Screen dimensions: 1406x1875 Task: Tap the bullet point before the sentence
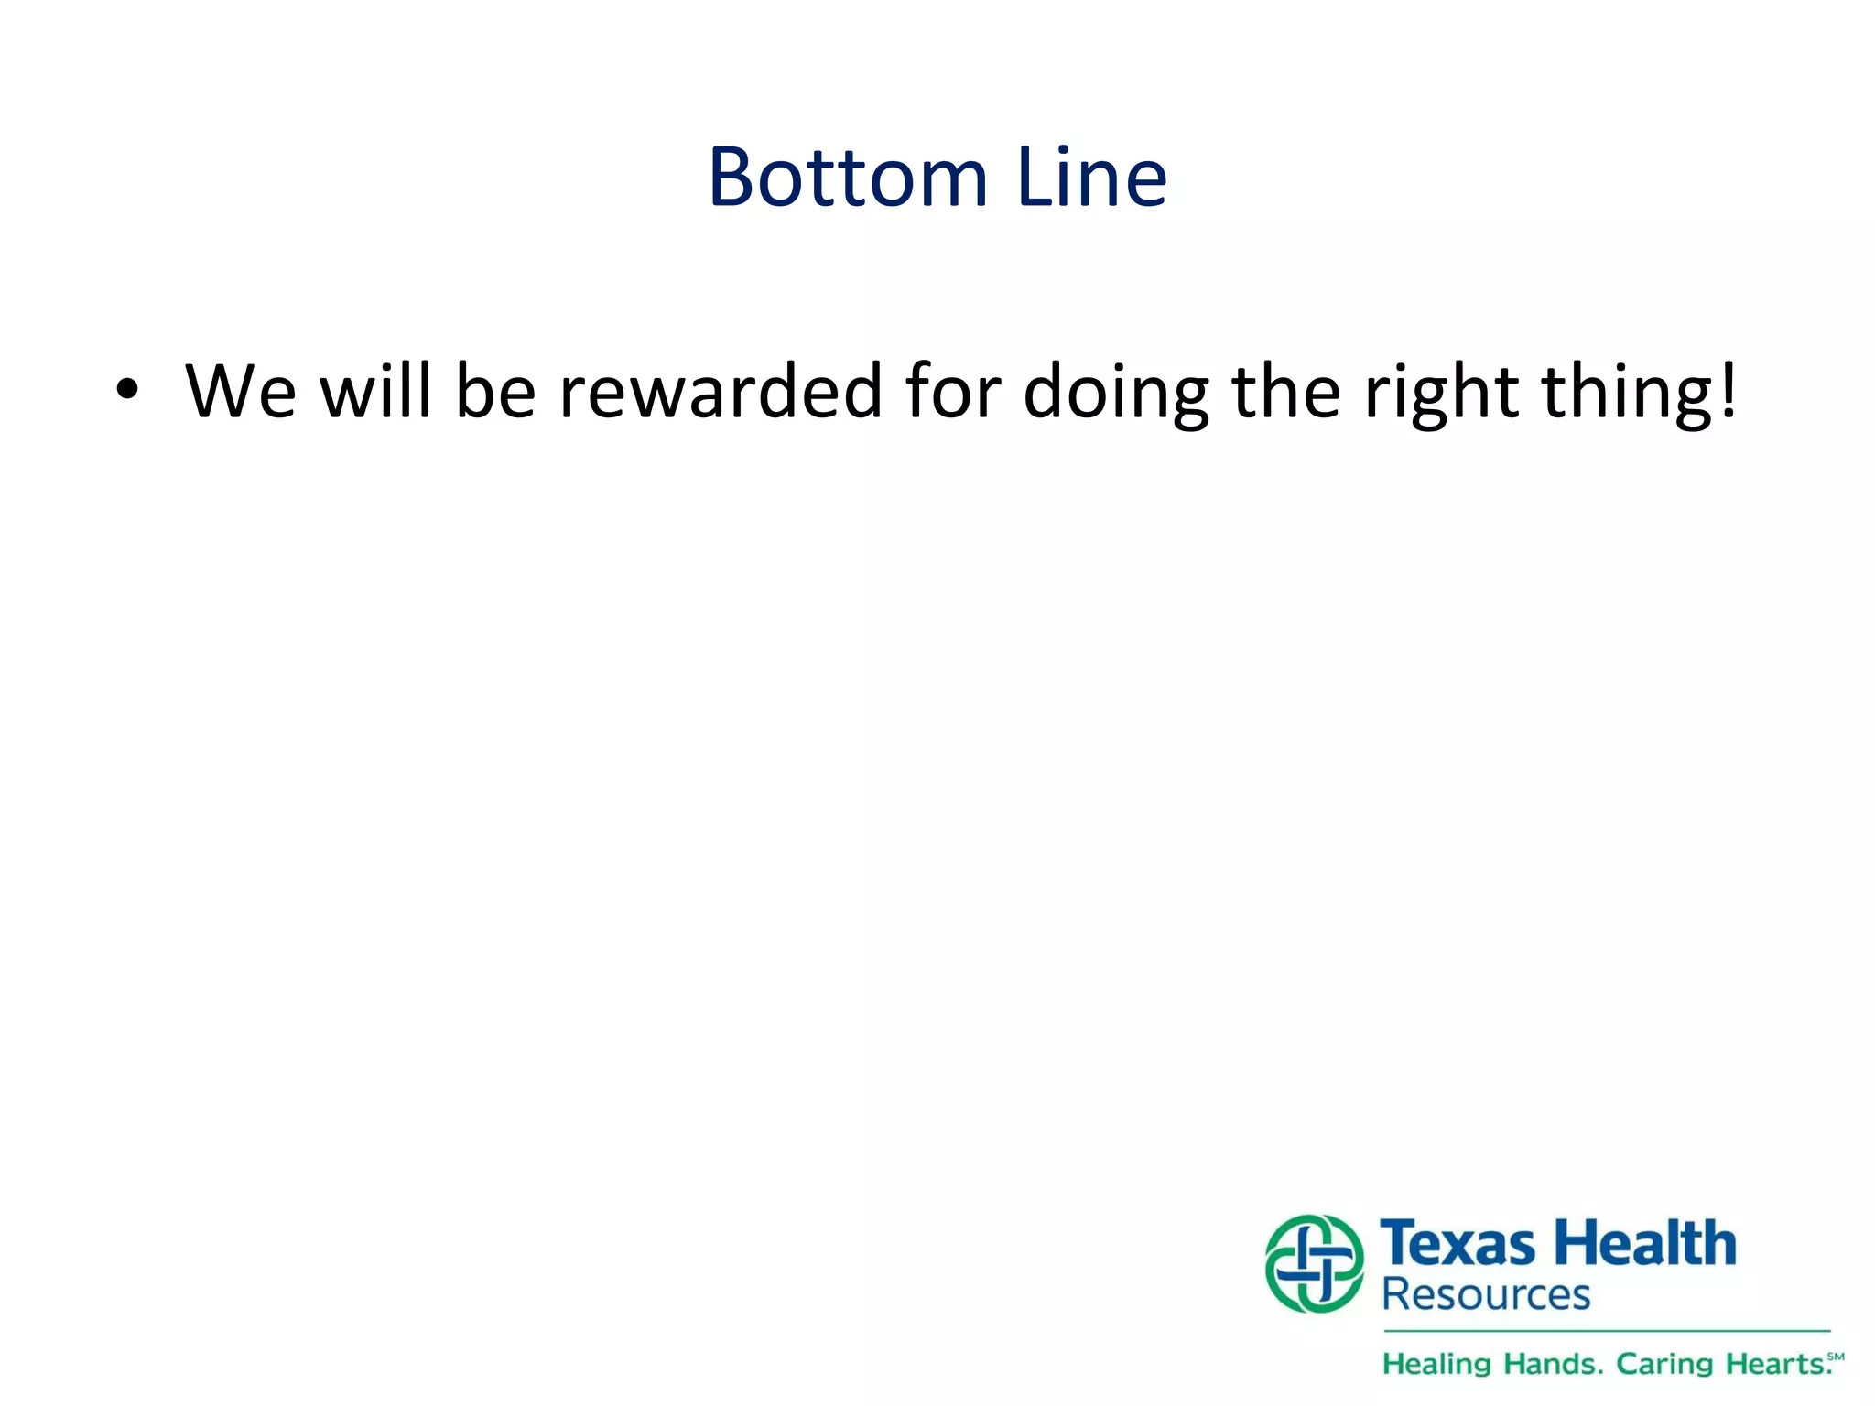pyautogui.click(x=127, y=390)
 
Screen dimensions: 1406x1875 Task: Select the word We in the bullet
pyautogui.click(x=241, y=391)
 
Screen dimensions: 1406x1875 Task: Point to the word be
pyautogui.click(x=495, y=391)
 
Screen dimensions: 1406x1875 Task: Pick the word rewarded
pyautogui.click(x=721, y=391)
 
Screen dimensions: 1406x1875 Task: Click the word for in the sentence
pyautogui.click(x=952, y=391)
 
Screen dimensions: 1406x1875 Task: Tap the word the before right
pyautogui.click(x=1286, y=391)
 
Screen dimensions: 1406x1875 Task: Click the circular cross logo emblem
pyautogui.click(x=1315, y=1263)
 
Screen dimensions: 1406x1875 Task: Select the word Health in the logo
pyautogui.click(x=1647, y=1244)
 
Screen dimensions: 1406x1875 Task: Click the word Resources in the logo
pyautogui.click(x=1486, y=1295)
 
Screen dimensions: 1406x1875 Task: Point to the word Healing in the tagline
pyautogui.click(x=1436, y=1365)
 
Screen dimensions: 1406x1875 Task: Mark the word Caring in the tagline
pyautogui.click(x=1664, y=1365)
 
